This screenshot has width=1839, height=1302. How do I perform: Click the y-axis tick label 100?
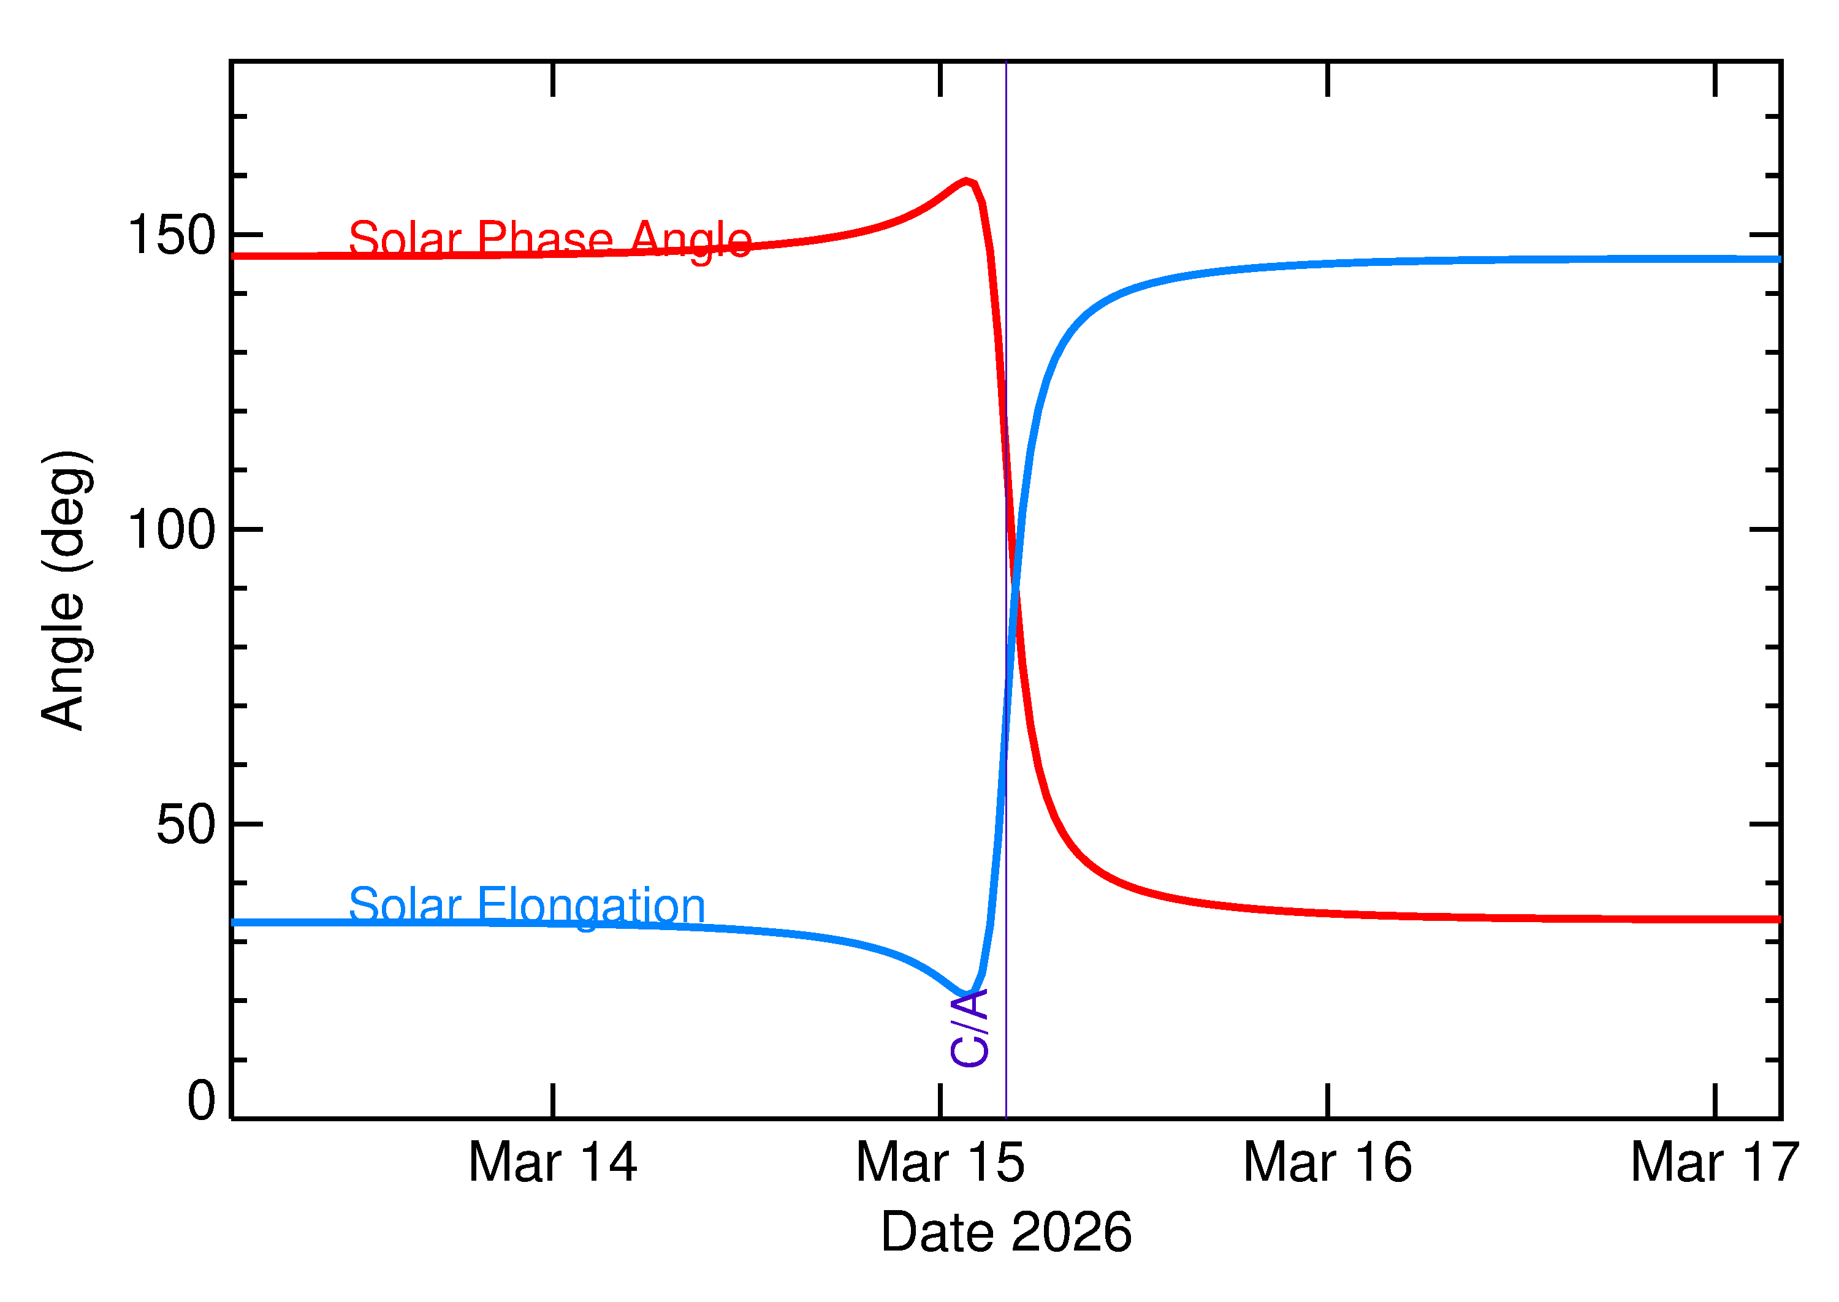click(x=172, y=530)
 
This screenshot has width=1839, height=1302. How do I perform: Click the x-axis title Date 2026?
click(x=1006, y=1232)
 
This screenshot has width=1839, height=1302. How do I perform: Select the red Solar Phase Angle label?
click(x=550, y=239)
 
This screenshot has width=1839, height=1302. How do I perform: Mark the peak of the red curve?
click(x=967, y=181)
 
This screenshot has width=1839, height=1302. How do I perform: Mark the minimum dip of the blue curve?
click(x=967, y=996)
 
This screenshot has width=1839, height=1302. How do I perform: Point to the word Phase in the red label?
click(x=546, y=239)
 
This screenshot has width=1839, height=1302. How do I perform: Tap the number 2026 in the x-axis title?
click(x=1071, y=1232)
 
